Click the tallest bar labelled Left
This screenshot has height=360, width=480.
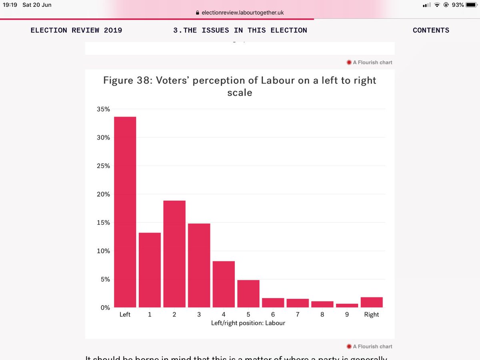coord(125,212)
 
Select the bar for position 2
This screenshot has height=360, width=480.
coord(174,254)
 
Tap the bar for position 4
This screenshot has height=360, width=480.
coord(224,284)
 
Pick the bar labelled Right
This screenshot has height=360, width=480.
coord(372,302)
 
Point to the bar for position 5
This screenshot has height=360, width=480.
coord(248,294)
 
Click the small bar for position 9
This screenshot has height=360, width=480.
coord(347,306)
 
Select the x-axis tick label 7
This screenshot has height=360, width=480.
coord(298,315)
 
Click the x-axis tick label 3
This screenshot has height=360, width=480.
coord(199,315)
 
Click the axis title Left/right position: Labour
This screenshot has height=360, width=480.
coord(248,323)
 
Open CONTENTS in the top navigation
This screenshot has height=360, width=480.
coord(431,30)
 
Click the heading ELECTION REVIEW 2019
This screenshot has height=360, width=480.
coord(76,30)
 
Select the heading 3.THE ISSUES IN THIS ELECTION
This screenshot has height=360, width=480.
coord(240,30)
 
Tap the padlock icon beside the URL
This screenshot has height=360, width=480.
coord(197,13)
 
